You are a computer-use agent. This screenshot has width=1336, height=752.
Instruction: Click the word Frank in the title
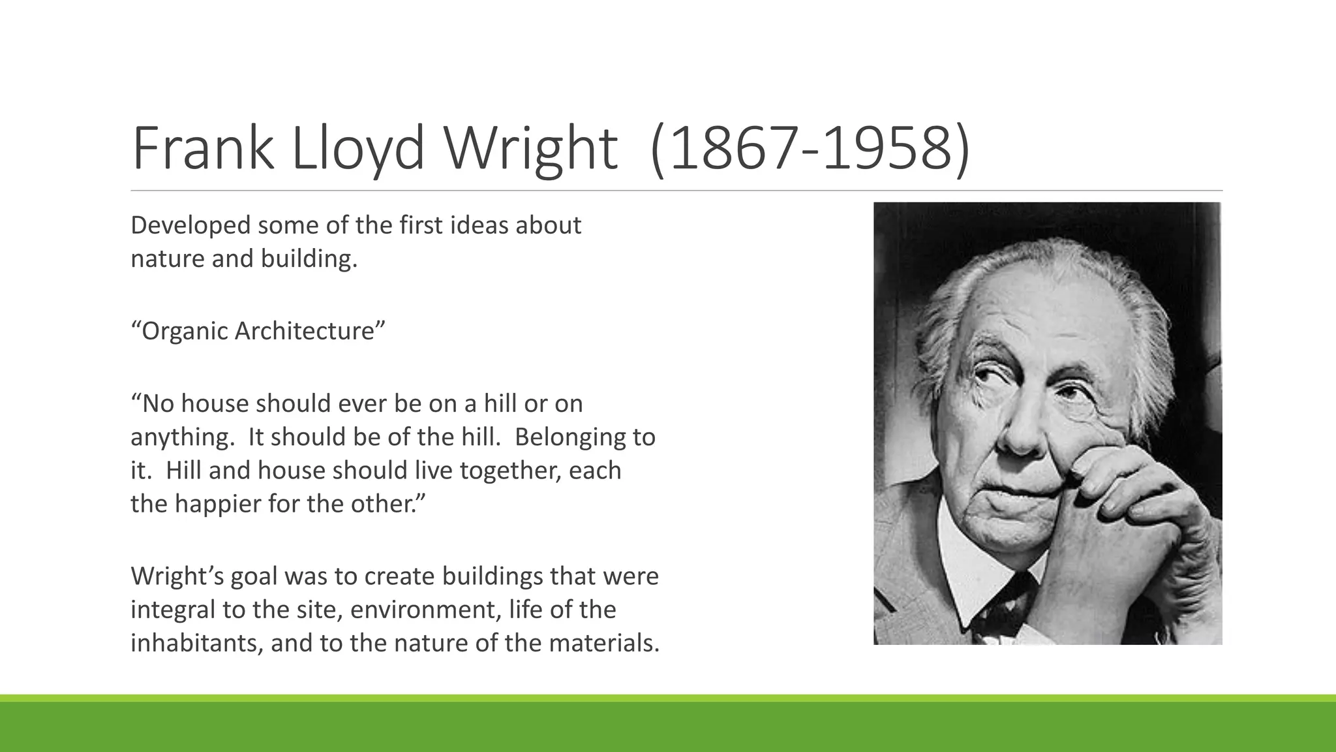(x=202, y=149)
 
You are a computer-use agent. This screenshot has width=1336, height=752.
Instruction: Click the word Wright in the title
(x=530, y=149)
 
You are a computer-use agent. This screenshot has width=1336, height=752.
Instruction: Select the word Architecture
(x=305, y=331)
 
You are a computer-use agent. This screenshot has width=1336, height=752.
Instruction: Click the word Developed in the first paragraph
(x=190, y=225)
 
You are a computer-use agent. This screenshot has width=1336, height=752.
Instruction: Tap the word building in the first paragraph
(x=309, y=259)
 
